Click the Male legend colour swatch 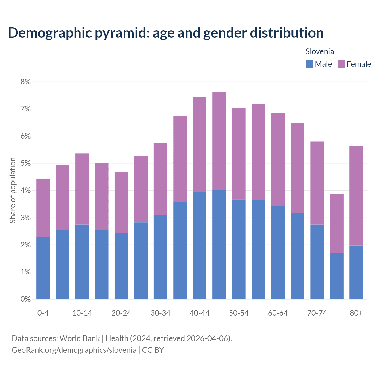coord(309,64)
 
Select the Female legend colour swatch coord(341,64)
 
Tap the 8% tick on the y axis coord(25,82)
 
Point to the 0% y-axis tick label coord(25,299)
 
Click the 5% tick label coord(25,163)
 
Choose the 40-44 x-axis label coord(200,313)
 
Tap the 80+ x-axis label coord(356,313)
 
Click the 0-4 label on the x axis coord(43,313)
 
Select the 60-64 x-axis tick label coord(278,313)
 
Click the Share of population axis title coord(13,190)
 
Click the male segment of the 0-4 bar coord(43,268)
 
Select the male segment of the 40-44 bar coord(200,245)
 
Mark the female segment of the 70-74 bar coord(317,183)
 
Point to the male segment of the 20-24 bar coord(121,266)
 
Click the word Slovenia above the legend coord(320,51)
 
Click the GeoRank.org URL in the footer coord(74,350)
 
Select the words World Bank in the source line coord(80,338)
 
